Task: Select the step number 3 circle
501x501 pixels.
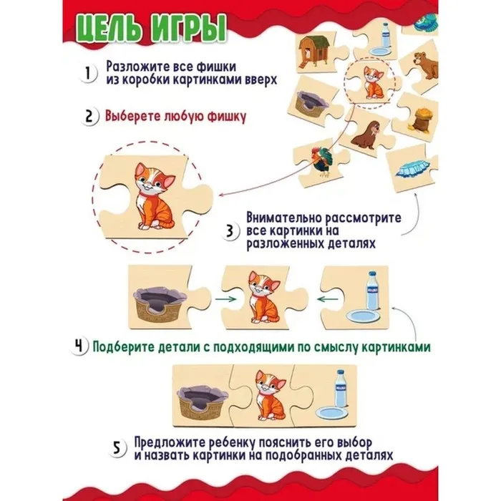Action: pyautogui.click(x=230, y=231)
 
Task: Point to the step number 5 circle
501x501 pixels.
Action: pyautogui.click(x=117, y=448)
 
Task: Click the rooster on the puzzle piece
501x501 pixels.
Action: pyautogui.click(x=323, y=162)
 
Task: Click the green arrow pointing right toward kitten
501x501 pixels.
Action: pyautogui.click(x=225, y=299)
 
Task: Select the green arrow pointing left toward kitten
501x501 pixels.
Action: pyautogui.click(x=328, y=299)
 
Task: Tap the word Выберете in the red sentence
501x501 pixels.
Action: pyautogui.click(x=133, y=116)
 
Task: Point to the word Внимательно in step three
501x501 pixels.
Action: pyautogui.click(x=284, y=218)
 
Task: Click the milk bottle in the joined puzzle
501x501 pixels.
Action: pyautogui.click(x=340, y=389)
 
